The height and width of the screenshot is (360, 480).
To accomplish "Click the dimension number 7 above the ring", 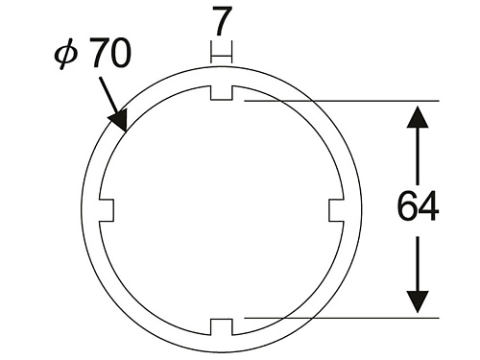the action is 222,21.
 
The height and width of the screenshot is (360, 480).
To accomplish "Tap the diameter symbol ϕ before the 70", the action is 66,54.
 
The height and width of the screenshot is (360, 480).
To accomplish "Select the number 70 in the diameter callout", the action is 109,53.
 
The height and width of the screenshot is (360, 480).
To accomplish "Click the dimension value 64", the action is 418,205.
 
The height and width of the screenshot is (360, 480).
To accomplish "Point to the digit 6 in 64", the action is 407,205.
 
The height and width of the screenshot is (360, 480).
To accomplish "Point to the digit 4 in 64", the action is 429,205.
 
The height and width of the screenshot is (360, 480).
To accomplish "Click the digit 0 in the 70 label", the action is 120,53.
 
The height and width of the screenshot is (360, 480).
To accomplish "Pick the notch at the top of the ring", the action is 222,93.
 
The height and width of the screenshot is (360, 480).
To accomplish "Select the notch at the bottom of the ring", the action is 222,327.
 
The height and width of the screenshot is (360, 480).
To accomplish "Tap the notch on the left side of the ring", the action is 107,210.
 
